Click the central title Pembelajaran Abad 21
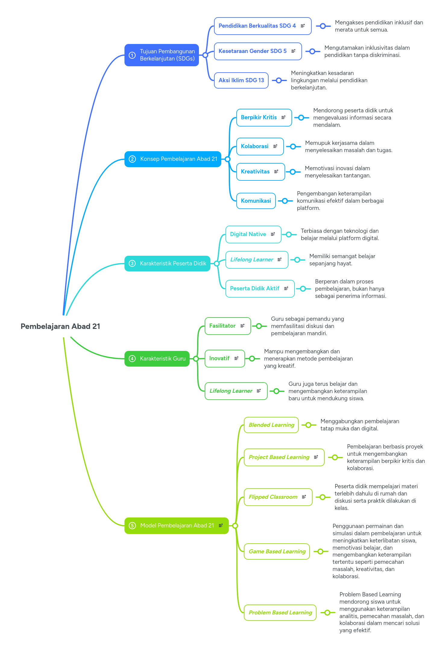point(60,326)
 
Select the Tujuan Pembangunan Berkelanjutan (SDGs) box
point(162,55)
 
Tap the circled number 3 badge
point(132,264)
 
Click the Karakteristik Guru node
point(157,359)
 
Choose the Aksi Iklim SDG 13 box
point(241,80)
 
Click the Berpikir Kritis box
point(264,117)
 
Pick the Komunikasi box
point(256,201)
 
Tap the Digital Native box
point(253,234)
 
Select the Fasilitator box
point(228,326)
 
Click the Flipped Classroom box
point(278,497)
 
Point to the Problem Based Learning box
point(280,613)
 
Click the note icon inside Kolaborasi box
point(275,146)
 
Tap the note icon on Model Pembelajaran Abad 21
point(221,525)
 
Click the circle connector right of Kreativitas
point(292,172)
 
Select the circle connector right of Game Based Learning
point(320,551)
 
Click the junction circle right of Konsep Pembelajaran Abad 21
point(228,159)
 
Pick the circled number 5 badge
point(132,526)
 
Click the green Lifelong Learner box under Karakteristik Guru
point(236,391)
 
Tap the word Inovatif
point(219,358)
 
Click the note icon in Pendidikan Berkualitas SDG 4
point(303,26)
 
